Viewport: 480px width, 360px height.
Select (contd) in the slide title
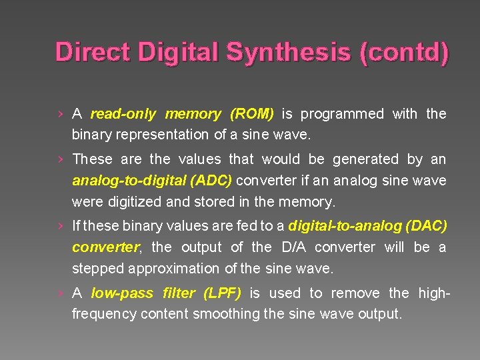(404, 51)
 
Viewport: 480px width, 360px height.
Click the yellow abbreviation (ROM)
(252, 114)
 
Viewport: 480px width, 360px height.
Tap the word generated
(365, 159)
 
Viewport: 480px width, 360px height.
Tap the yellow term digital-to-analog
(343, 227)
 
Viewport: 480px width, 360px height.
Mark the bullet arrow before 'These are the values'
(61, 159)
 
